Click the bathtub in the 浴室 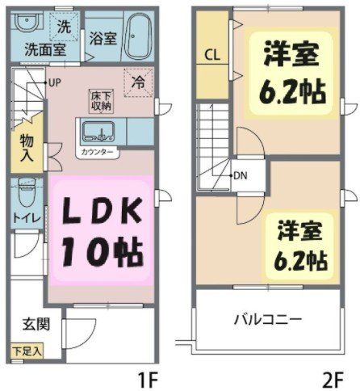[x=138, y=35]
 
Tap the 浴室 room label [x=103, y=38]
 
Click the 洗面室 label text [x=45, y=49]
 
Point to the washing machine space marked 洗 [x=65, y=26]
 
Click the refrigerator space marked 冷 [x=138, y=82]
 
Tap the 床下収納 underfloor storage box [x=101, y=101]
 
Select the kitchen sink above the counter [x=98, y=132]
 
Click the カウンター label [x=97, y=153]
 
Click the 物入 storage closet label [x=27, y=149]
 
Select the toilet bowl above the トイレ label [x=27, y=191]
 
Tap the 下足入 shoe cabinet [x=27, y=351]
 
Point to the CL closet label [x=212, y=55]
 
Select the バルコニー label [x=268, y=319]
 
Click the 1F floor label [x=147, y=380]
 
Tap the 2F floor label [x=333, y=380]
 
